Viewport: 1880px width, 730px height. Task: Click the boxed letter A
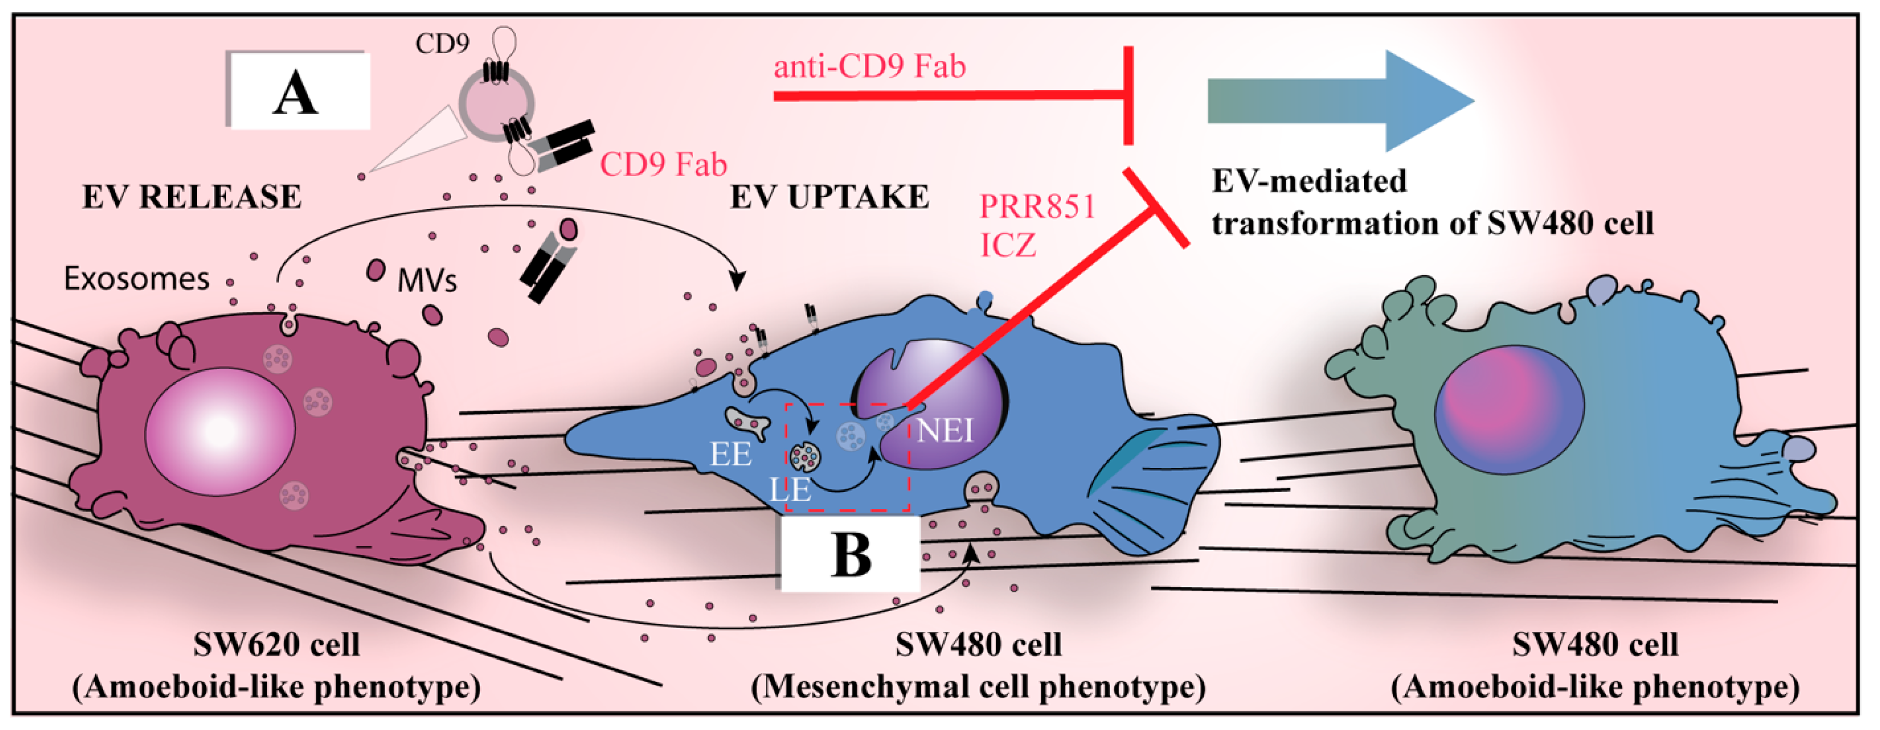click(x=296, y=95)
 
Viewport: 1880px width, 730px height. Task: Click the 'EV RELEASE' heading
click(x=192, y=197)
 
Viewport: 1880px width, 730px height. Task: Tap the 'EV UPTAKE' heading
click(x=830, y=197)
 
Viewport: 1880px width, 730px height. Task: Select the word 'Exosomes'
click(x=137, y=279)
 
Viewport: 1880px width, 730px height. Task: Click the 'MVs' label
click(x=427, y=280)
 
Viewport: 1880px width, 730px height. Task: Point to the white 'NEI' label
click(x=945, y=431)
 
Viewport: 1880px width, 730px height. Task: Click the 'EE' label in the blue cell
click(x=731, y=455)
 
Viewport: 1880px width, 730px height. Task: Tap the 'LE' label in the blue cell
click(x=790, y=490)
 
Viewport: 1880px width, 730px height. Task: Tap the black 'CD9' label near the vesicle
click(x=442, y=44)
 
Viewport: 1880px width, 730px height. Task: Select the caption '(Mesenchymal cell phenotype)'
click(x=978, y=687)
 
